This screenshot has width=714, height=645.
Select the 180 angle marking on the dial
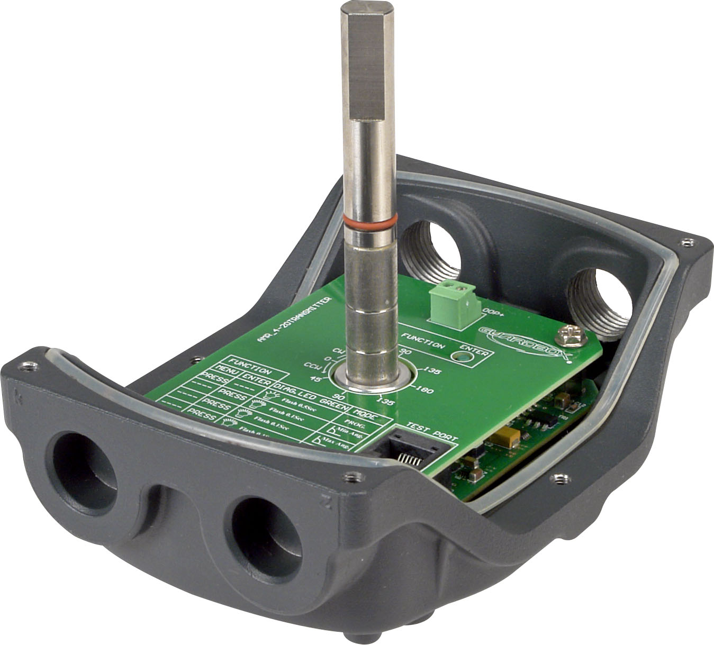click(426, 391)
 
